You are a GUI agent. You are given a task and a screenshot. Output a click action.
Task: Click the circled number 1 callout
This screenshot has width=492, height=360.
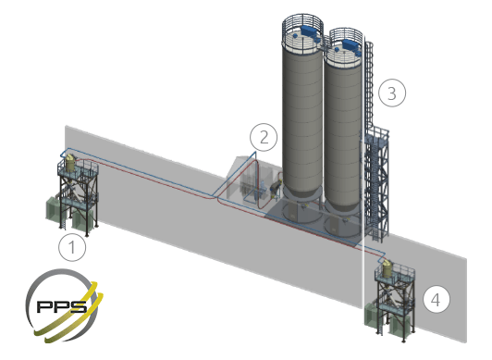click(x=72, y=247)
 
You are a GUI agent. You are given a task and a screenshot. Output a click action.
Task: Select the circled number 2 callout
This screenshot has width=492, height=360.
click(x=264, y=137)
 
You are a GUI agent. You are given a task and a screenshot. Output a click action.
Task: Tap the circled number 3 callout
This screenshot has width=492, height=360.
click(x=392, y=93)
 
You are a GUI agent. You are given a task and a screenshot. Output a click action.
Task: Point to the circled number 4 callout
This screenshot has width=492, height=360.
click(x=437, y=300)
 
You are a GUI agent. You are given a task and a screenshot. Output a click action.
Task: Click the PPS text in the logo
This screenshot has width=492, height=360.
click(x=62, y=306)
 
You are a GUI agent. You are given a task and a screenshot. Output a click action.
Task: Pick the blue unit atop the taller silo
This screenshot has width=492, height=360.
click(x=310, y=31)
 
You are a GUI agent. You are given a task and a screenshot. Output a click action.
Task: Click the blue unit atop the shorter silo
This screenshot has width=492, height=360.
click(x=351, y=44)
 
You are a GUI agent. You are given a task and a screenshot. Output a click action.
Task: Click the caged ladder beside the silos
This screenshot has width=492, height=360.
click(x=370, y=85)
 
